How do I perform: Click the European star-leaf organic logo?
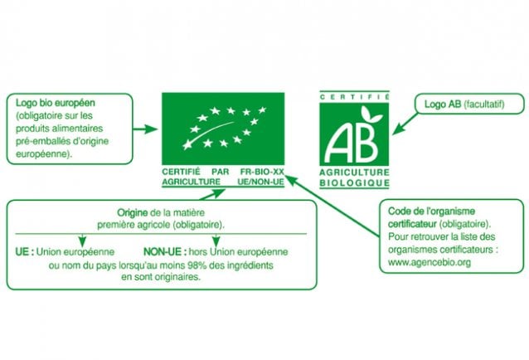coord(223,129)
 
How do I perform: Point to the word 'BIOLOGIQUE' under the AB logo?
coord(355,182)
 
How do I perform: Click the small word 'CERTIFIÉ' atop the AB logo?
coord(354,97)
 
